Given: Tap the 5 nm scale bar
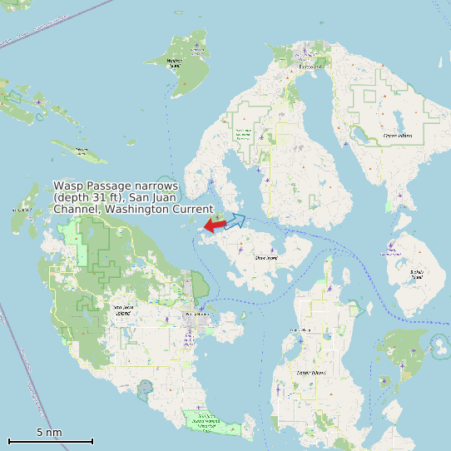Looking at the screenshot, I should click(50, 440).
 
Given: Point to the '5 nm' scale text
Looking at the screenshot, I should click(49, 432).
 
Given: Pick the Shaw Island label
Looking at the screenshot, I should click(265, 258).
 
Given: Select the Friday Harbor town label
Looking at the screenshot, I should click(197, 315).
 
